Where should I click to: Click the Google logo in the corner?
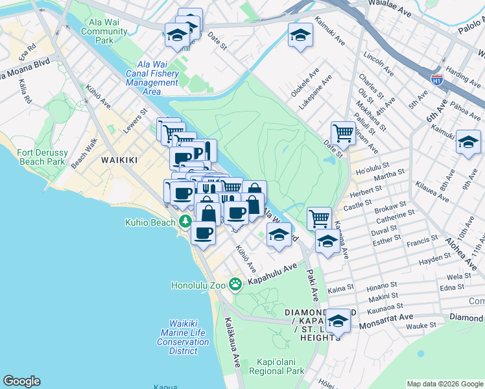pyautogui.click(x=21, y=381)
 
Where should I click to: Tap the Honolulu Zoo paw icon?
pyautogui.click(x=235, y=284)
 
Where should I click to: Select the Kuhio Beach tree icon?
pyautogui.click(x=185, y=222)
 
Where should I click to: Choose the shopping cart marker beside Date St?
pyautogui.click(x=343, y=133)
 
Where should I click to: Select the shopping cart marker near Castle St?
pyautogui.click(x=319, y=218)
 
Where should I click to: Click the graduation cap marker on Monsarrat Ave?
pyautogui.click(x=338, y=320)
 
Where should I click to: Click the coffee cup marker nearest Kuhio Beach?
pyautogui.click(x=204, y=233)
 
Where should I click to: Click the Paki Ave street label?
pyautogui.click(x=313, y=286)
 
